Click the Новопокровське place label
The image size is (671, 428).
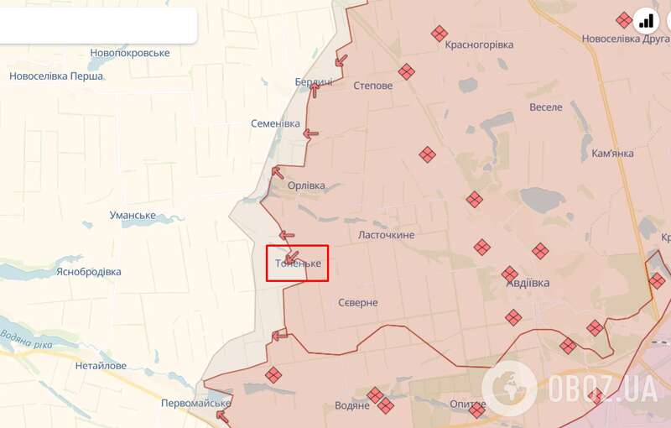pyautogui.click(x=130, y=53)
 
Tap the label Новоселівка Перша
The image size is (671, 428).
pyautogui.click(x=56, y=76)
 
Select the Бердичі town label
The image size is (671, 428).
pyautogui.click(x=314, y=81)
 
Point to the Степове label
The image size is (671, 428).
pyautogui.click(x=372, y=86)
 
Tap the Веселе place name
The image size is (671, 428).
pyautogui.click(x=546, y=107)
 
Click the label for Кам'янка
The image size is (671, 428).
pyautogui.click(x=612, y=154)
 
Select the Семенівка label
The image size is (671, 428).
pyautogui.click(x=275, y=123)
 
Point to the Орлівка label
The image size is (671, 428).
pyautogui.click(x=305, y=185)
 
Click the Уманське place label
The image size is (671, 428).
pyautogui.click(x=133, y=215)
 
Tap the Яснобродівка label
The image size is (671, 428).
pyautogui.click(x=88, y=272)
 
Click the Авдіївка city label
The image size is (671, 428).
pyautogui.click(x=528, y=284)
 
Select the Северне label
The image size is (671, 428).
pyautogui.click(x=358, y=302)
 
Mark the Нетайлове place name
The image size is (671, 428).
pyautogui.click(x=101, y=366)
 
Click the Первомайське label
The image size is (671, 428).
pyautogui.click(x=195, y=404)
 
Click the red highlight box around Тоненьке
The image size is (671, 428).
pyautogui.click(x=297, y=263)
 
